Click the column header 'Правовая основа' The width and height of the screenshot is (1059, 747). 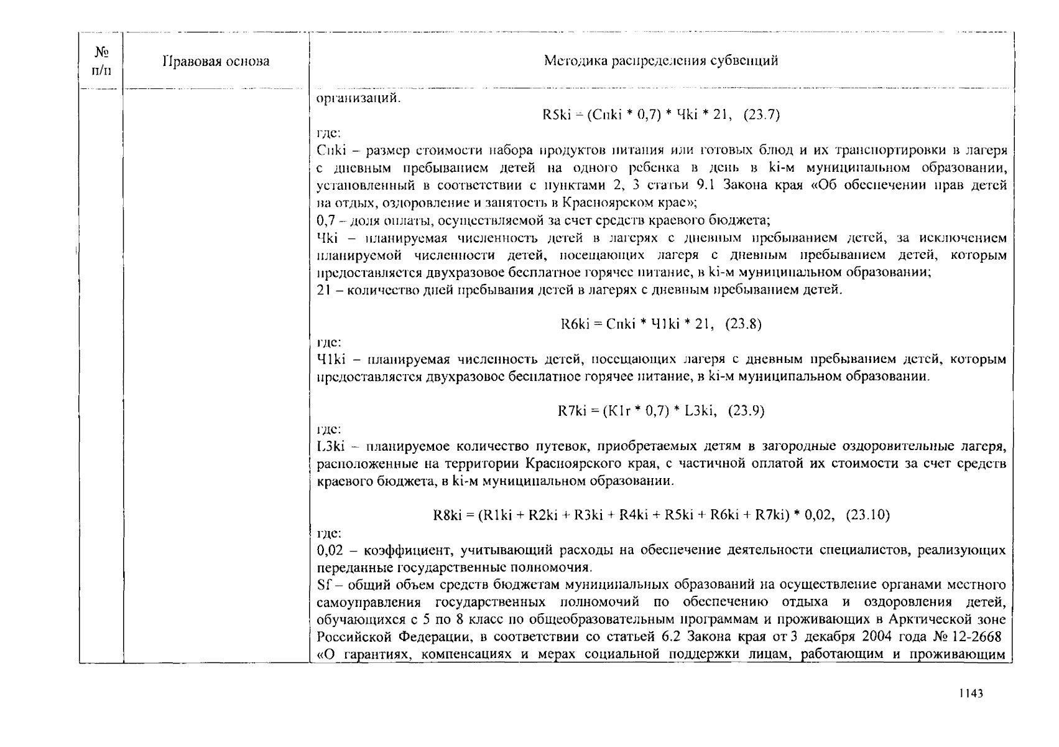tap(216, 61)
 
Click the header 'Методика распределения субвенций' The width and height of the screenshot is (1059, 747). tap(660, 60)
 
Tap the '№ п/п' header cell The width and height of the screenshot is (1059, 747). tap(101, 61)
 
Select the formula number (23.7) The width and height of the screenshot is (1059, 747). tap(761, 115)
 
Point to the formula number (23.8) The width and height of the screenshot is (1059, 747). tap(744, 324)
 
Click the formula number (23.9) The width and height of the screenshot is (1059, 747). tap(746, 411)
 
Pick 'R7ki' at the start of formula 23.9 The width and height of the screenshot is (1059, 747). tap(571, 411)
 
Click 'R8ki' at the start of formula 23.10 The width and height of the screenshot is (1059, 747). tap(446, 515)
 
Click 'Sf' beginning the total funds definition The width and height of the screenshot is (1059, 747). tap(323, 585)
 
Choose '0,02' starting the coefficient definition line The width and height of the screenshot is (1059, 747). tap(330, 550)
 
